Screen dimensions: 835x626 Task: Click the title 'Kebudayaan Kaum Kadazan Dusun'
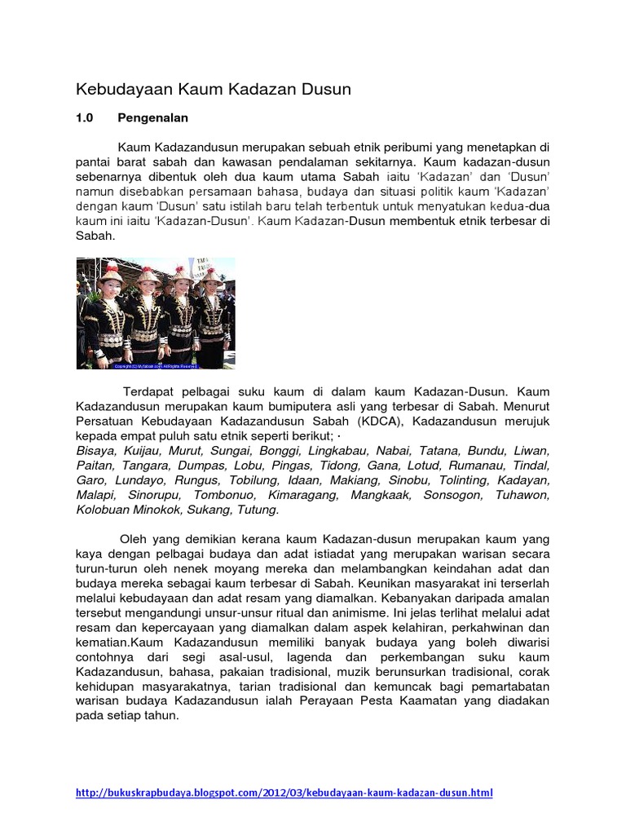click(x=214, y=89)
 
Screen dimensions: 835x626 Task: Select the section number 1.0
click(x=86, y=117)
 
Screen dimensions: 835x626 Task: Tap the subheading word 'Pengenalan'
click(x=152, y=117)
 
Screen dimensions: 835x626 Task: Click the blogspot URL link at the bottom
click(x=284, y=793)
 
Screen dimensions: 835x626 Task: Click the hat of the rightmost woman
click(x=211, y=275)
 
